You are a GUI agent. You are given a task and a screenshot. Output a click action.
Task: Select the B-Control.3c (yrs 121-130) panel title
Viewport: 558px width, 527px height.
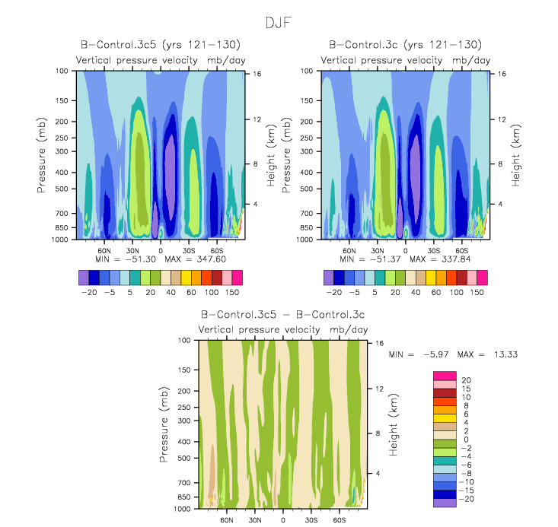(x=405, y=46)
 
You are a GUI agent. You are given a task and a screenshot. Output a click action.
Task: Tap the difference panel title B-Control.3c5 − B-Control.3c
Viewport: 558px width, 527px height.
(x=283, y=314)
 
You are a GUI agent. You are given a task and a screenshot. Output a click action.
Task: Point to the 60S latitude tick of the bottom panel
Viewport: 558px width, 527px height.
(x=340, y=521)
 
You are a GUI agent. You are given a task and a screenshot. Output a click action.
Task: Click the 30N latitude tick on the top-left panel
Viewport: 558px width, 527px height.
(x=132, y=249)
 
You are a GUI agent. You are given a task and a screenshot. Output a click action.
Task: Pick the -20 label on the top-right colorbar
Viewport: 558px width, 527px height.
(x=333, y=292)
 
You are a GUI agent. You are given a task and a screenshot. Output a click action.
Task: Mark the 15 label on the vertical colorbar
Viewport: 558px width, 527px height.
(x=466, y=389)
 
